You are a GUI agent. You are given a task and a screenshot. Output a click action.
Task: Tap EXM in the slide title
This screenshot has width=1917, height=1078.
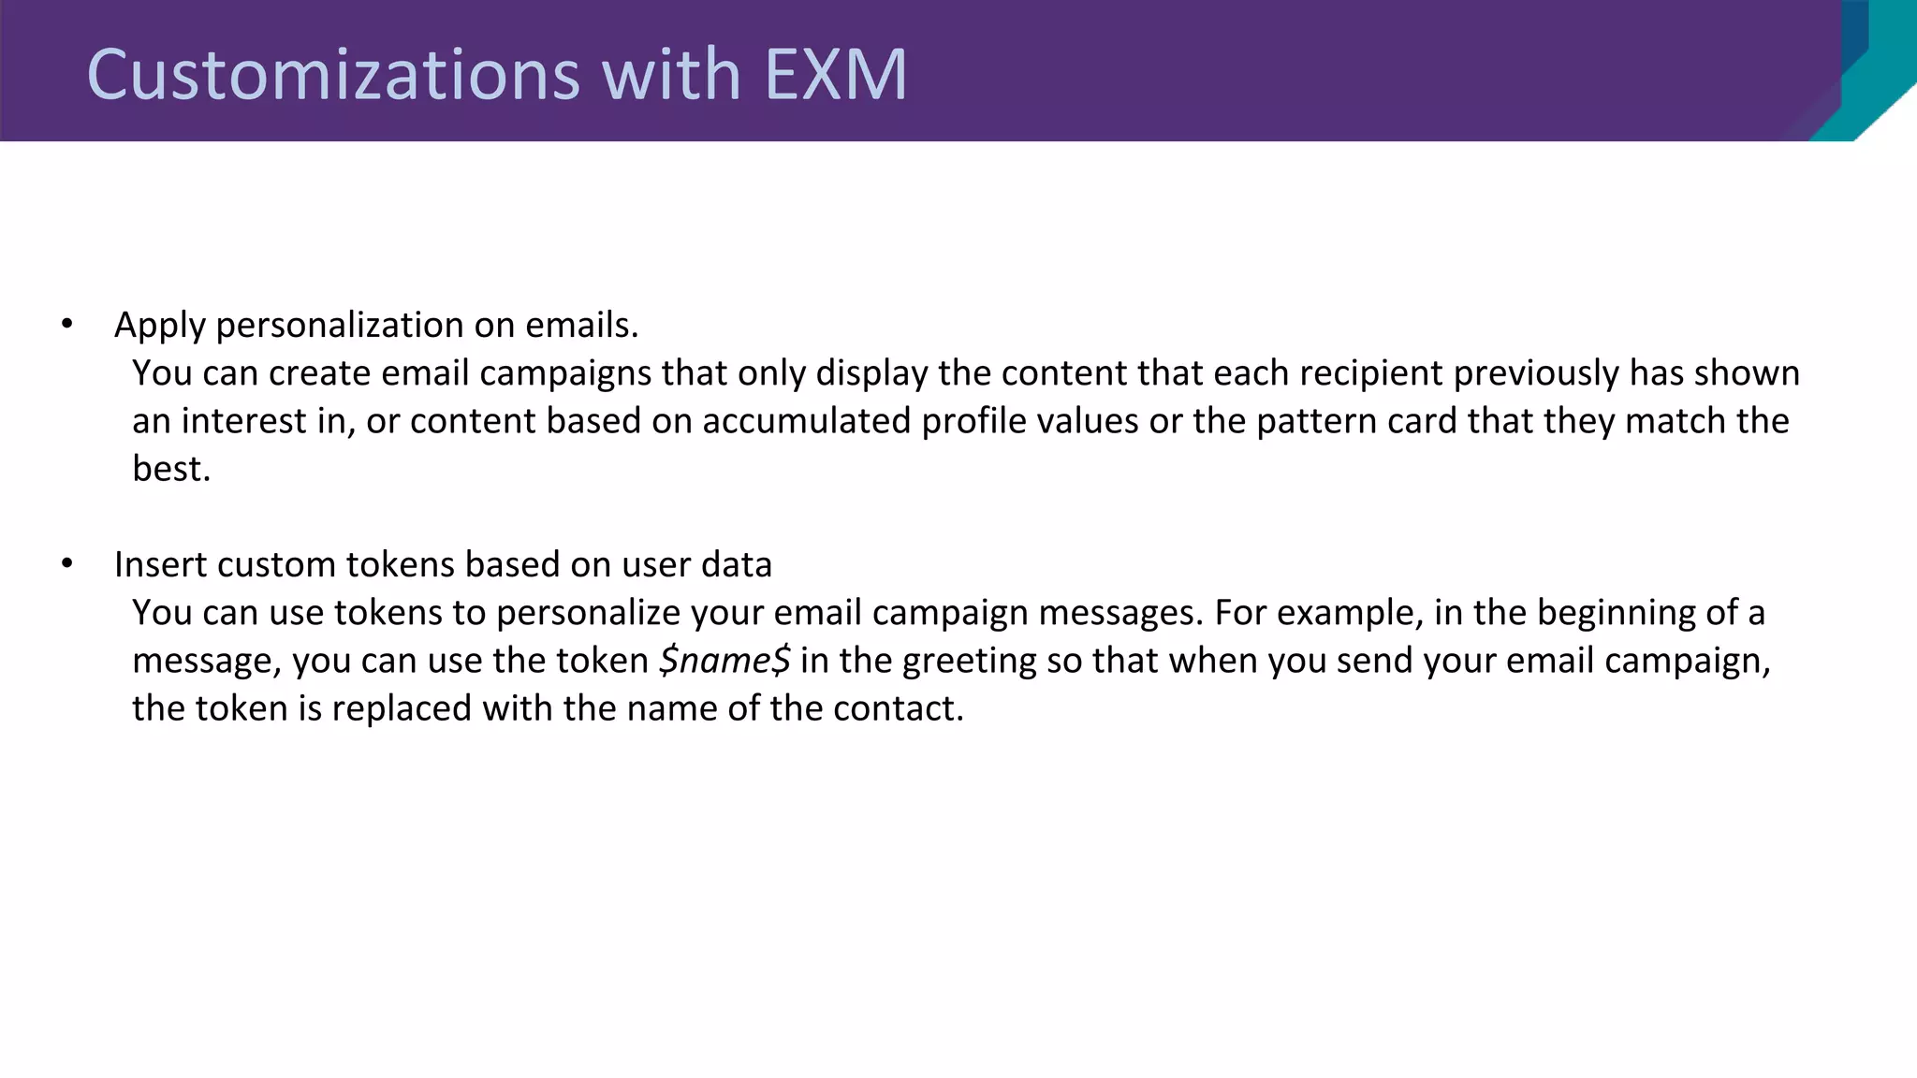(836, 75)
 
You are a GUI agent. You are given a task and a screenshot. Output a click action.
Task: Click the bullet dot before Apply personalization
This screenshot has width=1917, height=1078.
(66, 325)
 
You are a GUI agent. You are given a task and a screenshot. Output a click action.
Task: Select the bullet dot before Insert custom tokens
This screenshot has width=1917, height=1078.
(66, 564)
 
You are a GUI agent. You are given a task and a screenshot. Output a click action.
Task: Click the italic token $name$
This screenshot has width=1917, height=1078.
(724, 661)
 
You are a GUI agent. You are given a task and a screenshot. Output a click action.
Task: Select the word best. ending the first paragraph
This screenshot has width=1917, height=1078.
(171, 469)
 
